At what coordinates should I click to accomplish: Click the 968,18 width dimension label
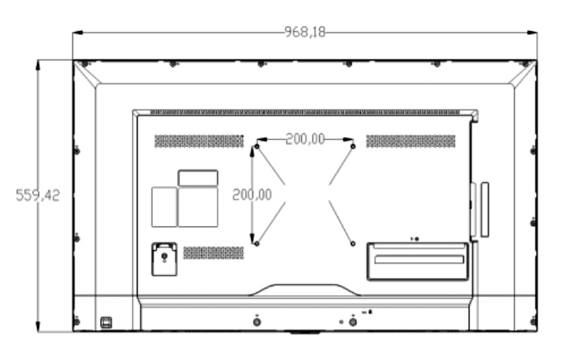pos(305,32)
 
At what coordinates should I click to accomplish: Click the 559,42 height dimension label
pos(38,195)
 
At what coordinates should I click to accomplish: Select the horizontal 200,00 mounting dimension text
pos(305,139)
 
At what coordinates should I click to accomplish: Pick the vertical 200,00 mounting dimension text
pos(252,195)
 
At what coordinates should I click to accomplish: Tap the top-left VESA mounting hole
pos(257,147)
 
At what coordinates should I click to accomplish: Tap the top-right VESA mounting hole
pos(352,147)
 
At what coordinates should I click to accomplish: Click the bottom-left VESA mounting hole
pos(257,243)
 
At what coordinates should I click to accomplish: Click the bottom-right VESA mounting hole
pos(352,243)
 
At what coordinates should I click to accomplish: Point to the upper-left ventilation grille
pos(200,141)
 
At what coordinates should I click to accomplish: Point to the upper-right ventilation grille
pos(410,141)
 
